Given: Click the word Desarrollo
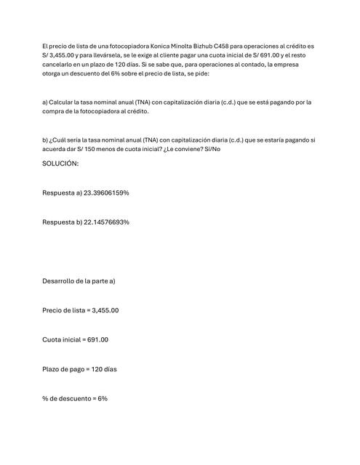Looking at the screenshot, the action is pyautogui.click(x=60, y=280).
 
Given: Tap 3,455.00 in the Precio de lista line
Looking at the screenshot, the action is pyautogui.click(x=105, y=310).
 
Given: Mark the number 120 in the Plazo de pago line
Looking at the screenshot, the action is pyautogui.click(x=98, y=369).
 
